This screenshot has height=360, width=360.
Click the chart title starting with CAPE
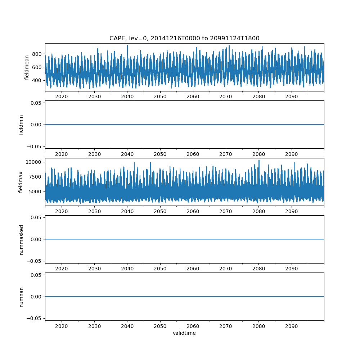[184, 38]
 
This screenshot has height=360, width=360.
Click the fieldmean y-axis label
[27, 67]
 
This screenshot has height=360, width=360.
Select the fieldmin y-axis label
[21, 125]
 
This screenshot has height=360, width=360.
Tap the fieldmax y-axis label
[21, 182]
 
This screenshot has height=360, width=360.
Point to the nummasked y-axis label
[21, 239]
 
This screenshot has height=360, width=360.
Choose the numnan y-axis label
[21, 297]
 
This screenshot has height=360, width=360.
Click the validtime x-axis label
[184, 333]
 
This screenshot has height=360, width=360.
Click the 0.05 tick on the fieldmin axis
[36, 103]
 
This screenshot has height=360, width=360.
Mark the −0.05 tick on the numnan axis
[34, 318]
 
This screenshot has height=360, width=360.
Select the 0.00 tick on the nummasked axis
[36, 239]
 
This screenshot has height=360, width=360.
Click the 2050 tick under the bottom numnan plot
[160, 326]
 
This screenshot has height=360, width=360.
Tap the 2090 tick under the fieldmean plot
[291, 97]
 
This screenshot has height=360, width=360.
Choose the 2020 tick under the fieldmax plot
[62, 211]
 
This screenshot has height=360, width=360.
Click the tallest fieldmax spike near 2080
[259, 161]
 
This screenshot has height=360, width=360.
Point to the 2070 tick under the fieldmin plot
[226, 154]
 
